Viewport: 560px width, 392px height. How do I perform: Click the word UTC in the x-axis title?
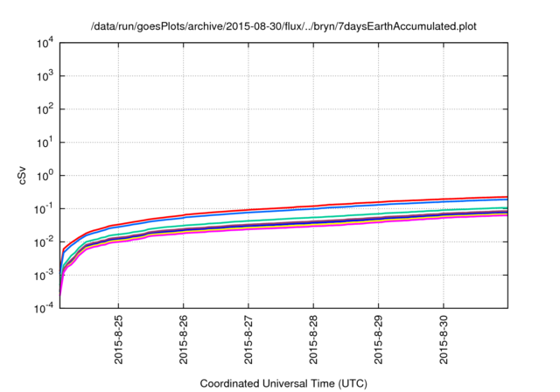(351, 383)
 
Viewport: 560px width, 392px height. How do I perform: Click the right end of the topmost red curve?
(507, 197)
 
